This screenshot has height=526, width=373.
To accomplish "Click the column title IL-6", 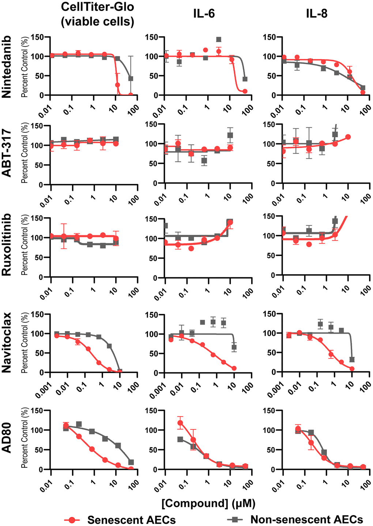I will click(x=204, y=14).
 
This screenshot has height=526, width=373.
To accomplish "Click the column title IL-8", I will click(x=317, y=14).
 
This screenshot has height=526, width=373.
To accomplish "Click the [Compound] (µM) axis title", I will click(x=208, y=503).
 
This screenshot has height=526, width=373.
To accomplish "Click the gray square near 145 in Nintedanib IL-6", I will click(x=219, y=40).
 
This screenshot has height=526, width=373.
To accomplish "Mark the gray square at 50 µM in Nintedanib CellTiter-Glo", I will click(x=131, y=79).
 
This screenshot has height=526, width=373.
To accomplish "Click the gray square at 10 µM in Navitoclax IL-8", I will click(x=352, y=360).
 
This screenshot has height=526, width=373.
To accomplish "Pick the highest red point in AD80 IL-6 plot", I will click(x=180, y=423).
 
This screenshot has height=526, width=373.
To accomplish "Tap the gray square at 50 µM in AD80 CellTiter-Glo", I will click(x=131, y=462).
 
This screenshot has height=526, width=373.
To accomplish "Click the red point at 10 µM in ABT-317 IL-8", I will click(x=348, y=137).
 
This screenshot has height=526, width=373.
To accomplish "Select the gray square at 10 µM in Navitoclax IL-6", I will click(x=234, y=347).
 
